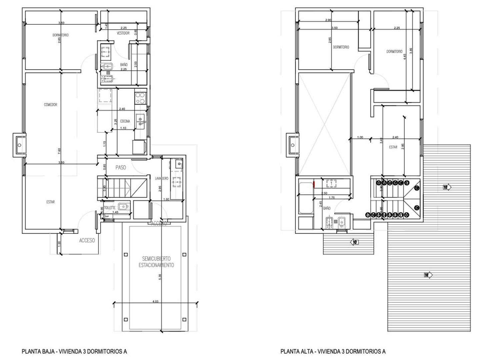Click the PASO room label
121,168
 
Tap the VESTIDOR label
123,33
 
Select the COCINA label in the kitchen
125,121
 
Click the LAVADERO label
162,179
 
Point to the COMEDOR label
51,105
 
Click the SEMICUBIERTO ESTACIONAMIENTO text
156,262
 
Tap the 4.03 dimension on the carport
155,301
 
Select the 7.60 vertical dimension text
59,151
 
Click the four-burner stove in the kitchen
140,98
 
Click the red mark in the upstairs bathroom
314,184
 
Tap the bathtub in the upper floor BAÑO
305,198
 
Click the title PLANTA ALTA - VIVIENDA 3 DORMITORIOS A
333,351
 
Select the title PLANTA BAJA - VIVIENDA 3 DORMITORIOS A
74,351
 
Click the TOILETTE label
110,208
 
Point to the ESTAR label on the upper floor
393,147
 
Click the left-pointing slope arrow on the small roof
354,242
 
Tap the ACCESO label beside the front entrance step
87,240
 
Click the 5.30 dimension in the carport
160,276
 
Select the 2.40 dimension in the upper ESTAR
395,137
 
